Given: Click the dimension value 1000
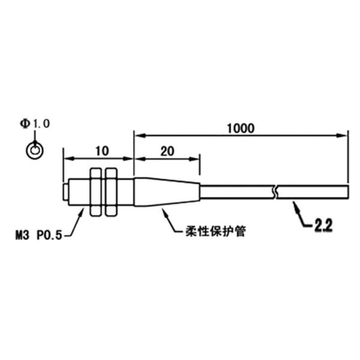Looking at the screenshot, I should (x=241, y=128).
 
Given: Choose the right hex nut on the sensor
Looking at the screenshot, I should (x=110, y=192).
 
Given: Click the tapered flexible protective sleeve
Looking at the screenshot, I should (x=165, y=192).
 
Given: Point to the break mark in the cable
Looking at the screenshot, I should (x=275, y=193).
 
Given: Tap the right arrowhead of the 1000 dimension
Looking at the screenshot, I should (x=346, y=136).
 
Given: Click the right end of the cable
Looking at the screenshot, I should (x=349, y=193).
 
